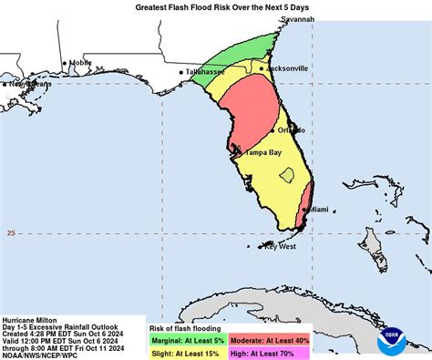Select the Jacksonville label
[288, 67]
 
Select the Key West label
[281, 246]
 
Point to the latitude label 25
[11, 233]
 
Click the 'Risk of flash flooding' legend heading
[185, 324]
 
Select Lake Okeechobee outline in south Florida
[287, 174]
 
